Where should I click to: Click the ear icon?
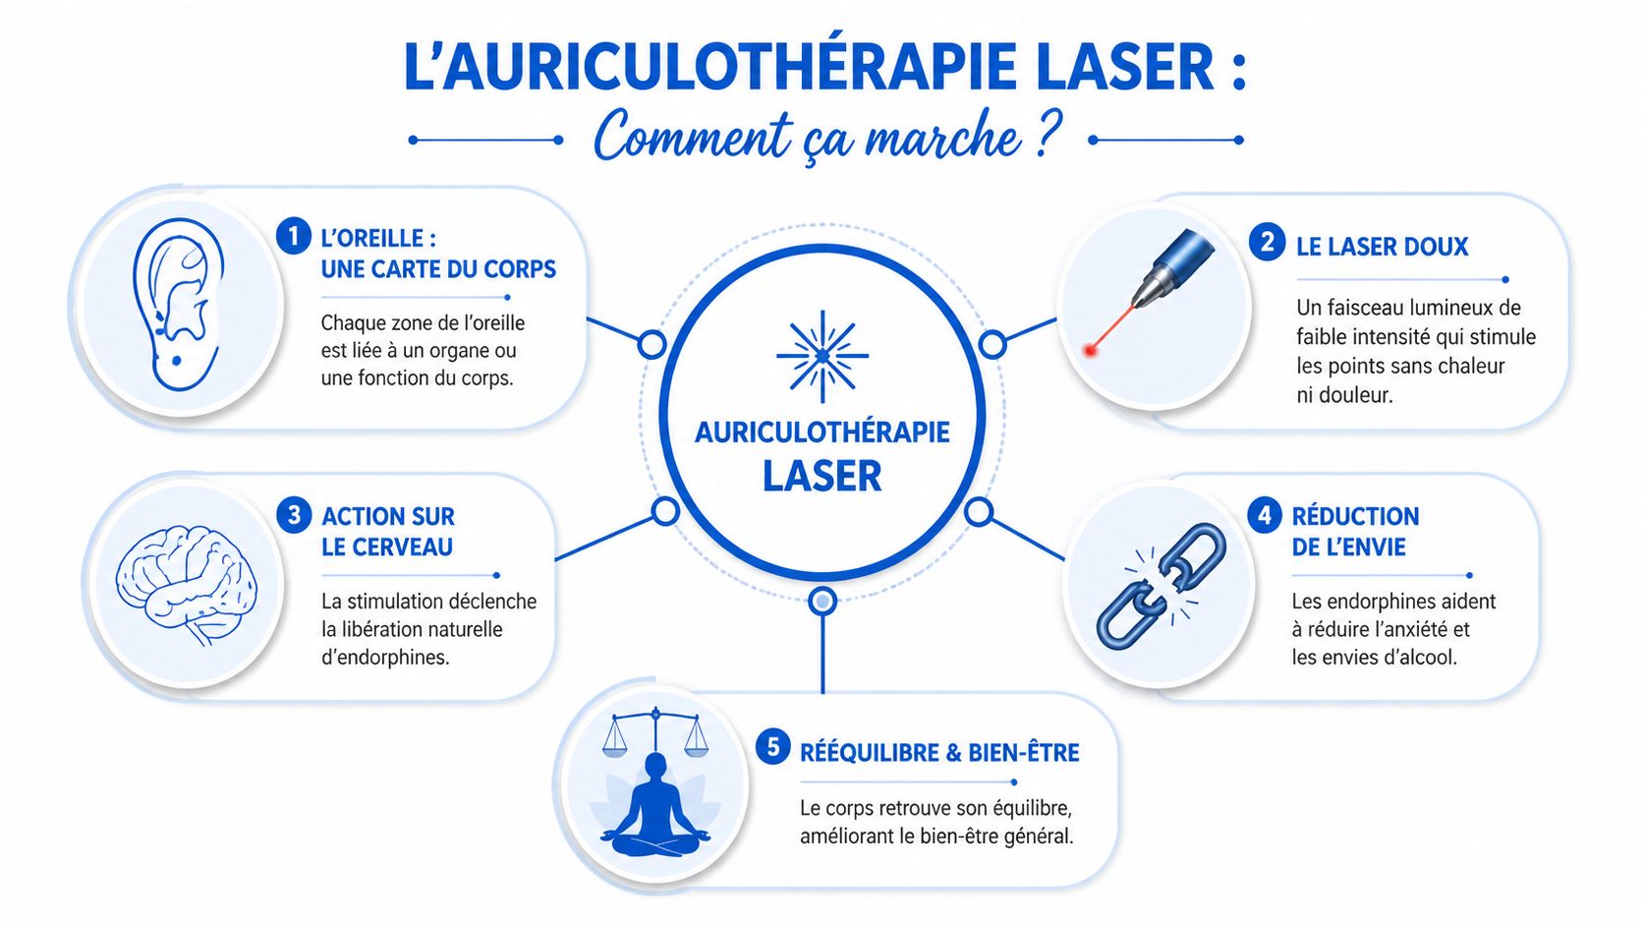(x=177, y=305)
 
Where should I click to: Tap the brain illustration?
(x=186, y=585)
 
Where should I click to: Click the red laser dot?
(x=1090, y=349)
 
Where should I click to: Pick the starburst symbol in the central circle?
(x=822, y=356)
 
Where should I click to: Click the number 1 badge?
(x=293, y=237)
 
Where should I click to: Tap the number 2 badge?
(x=1267, y=243)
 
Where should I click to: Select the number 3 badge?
(x=293, y=515)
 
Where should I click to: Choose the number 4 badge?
(x=1264, y=515)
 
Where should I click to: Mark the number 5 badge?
(x=772, y=747)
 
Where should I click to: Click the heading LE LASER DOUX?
(x=1382, y=247)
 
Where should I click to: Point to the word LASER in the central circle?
(x=821, y=477)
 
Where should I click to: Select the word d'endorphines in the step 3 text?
(x=385, y=658)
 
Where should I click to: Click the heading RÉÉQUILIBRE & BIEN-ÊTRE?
(x=939, y=753)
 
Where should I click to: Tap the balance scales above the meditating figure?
(x=654, y=731)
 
